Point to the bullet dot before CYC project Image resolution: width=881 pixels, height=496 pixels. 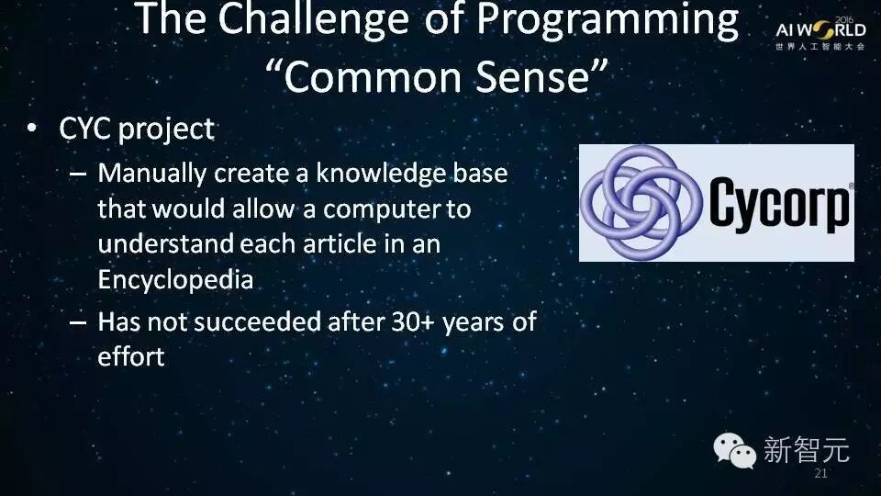(32, 129)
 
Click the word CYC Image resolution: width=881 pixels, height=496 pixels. (84, 129)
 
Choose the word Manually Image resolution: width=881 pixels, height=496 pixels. (151, 174)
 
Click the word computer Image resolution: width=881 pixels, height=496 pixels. (382, 209)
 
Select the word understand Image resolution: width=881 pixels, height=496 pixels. (165, 244)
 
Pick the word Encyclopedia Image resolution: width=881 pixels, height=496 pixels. (175, 280)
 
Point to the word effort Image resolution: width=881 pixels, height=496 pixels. (131, 356)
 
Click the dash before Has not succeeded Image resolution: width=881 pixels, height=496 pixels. (77, 322)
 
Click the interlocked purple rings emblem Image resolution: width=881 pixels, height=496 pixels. (641, 202)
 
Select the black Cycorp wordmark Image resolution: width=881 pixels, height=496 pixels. (779, 204)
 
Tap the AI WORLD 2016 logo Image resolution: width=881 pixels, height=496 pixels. (820, 33)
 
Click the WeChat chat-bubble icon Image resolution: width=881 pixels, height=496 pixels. (734, 450)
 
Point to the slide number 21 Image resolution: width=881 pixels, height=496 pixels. (820, 474)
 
